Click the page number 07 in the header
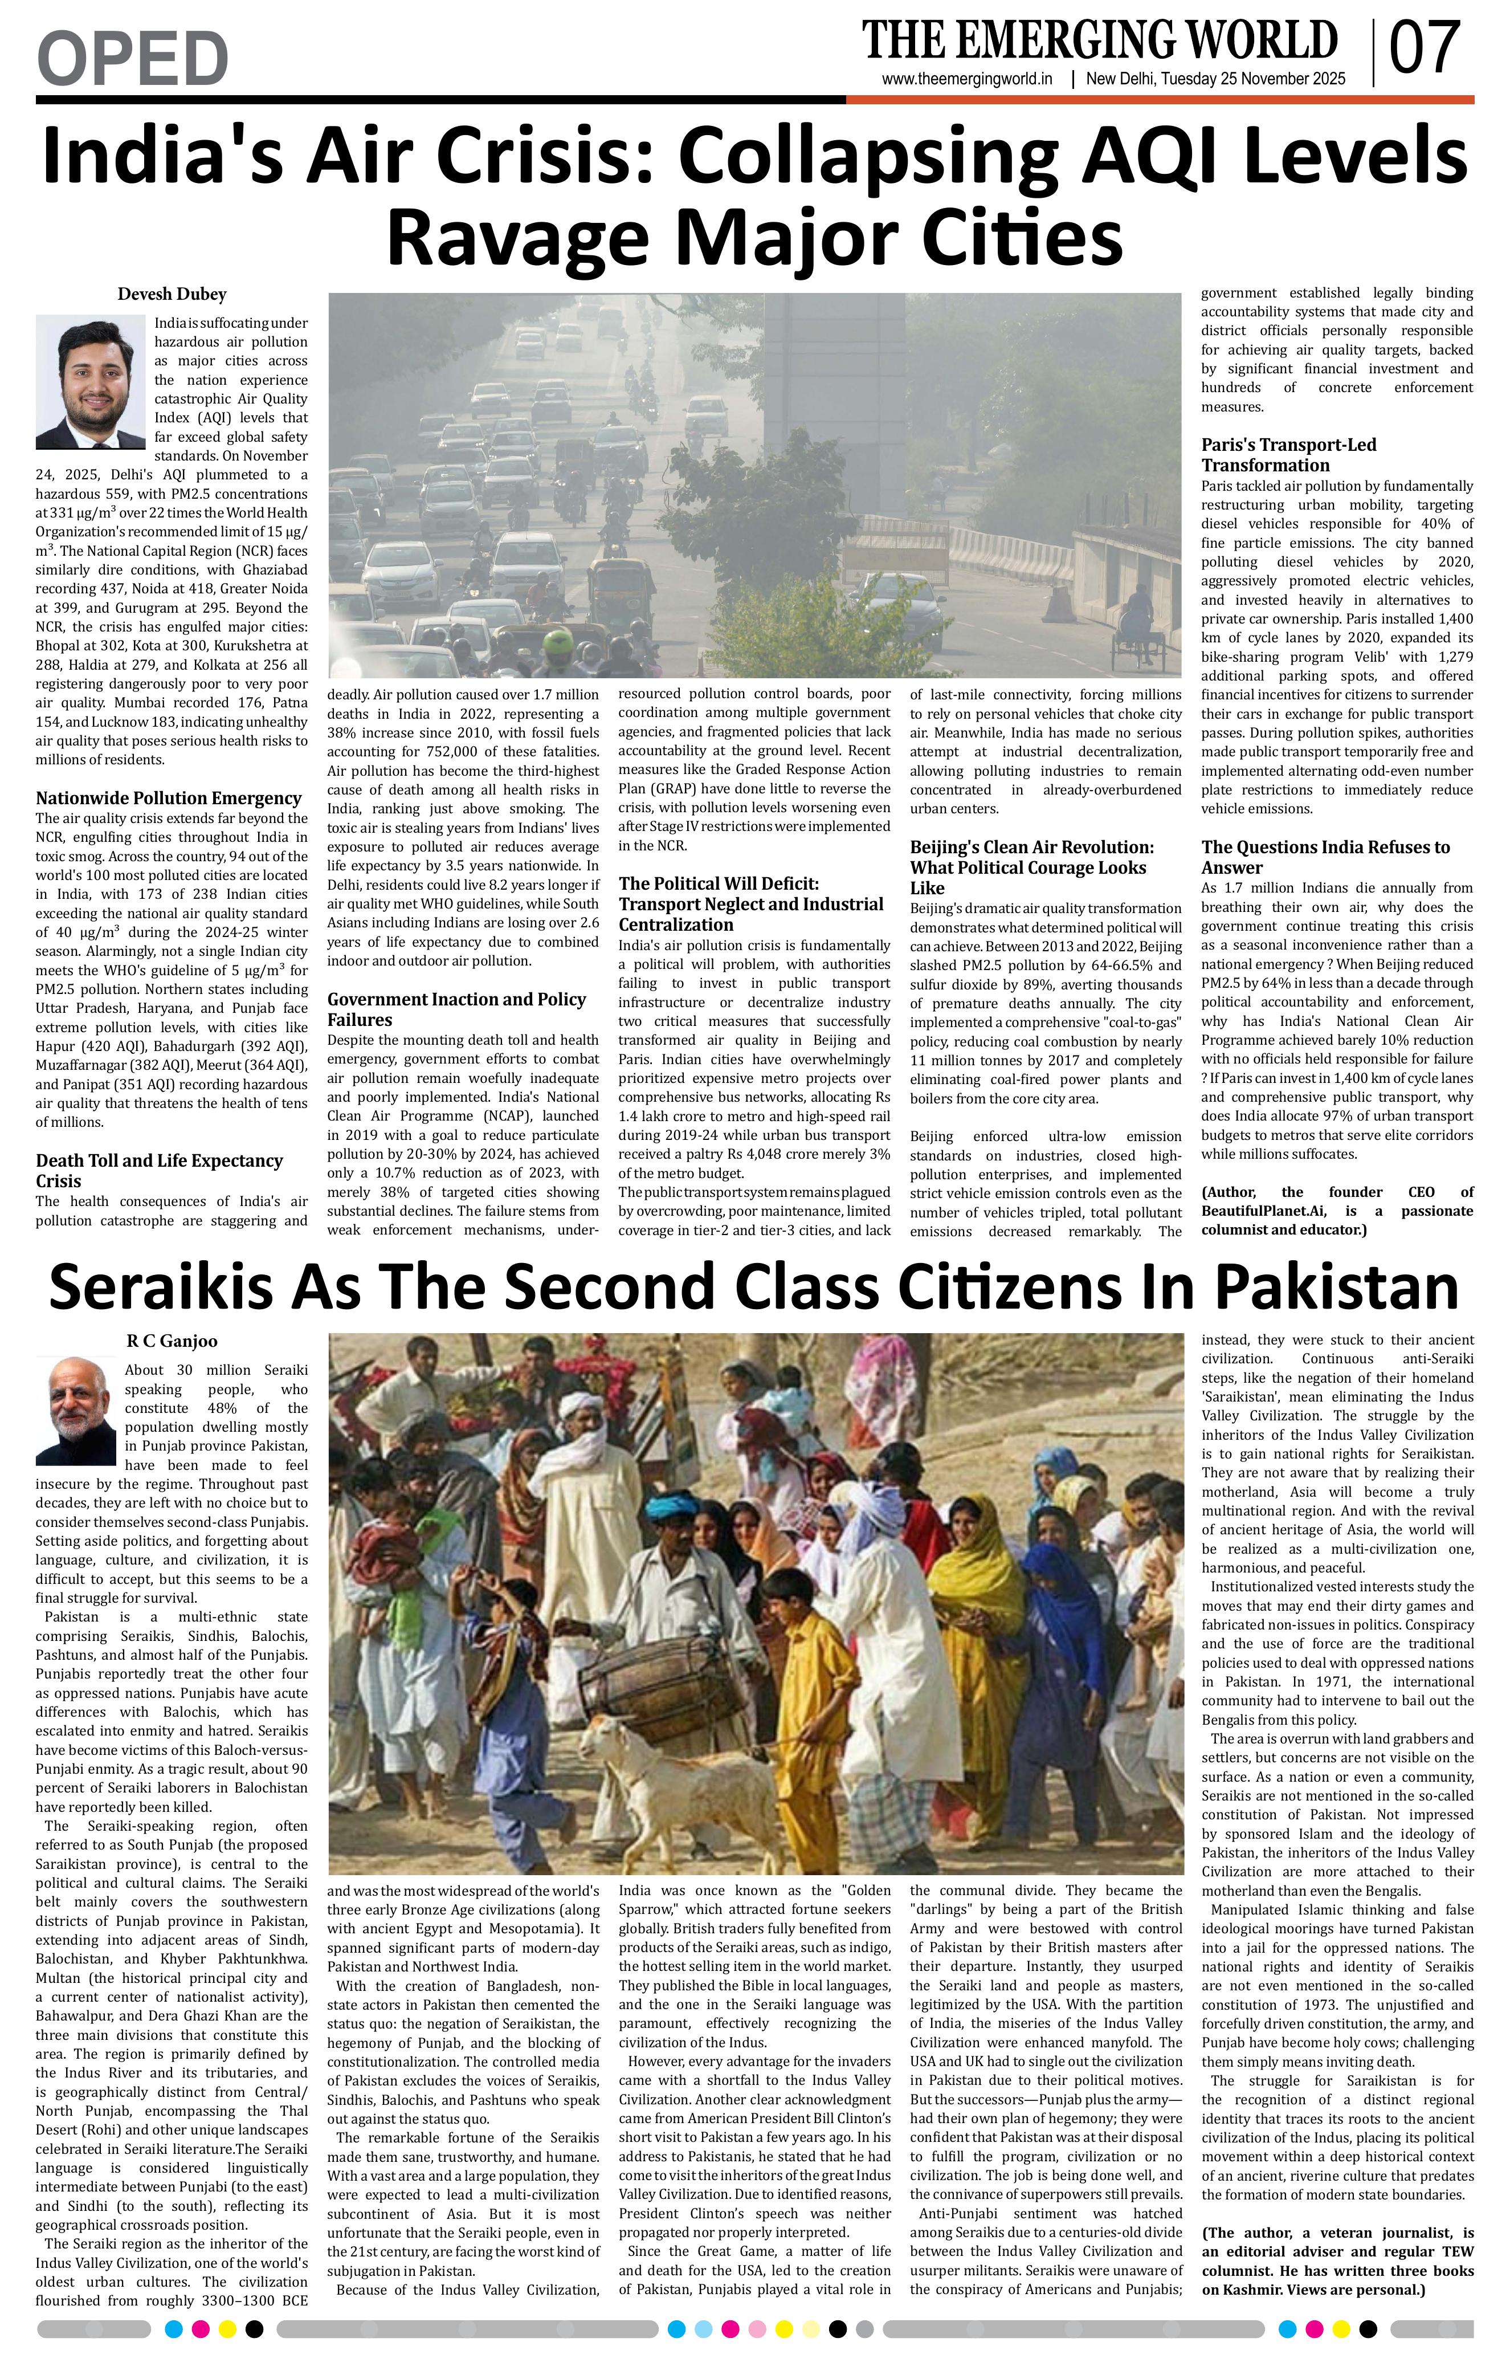pos(1425,50)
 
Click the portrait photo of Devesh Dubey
pos(90,382)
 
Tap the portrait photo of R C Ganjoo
pos(75,1411)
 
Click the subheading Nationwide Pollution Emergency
pos(168,799)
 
